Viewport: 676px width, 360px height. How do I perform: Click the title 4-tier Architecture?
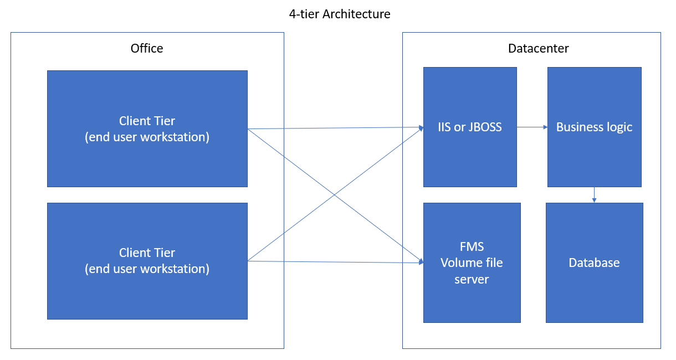pos(340,14)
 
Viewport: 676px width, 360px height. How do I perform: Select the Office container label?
pos(147,48)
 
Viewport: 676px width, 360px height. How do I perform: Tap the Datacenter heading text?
pos(538,48)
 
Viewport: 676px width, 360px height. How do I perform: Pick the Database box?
pos(594,263)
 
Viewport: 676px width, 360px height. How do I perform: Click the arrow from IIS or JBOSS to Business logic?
pos(532,127)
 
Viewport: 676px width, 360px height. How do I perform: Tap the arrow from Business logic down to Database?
pos(594,194)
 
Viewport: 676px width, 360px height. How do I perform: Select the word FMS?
pos(472,246)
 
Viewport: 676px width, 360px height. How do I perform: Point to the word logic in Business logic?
pos(619,127)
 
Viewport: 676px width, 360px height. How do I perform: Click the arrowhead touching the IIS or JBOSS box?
pos(421,127)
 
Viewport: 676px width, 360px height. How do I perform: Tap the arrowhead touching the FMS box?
pos(421,261)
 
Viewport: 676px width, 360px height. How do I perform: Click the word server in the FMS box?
pos(472,279)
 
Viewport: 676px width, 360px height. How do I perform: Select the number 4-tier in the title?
pos(304,14)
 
